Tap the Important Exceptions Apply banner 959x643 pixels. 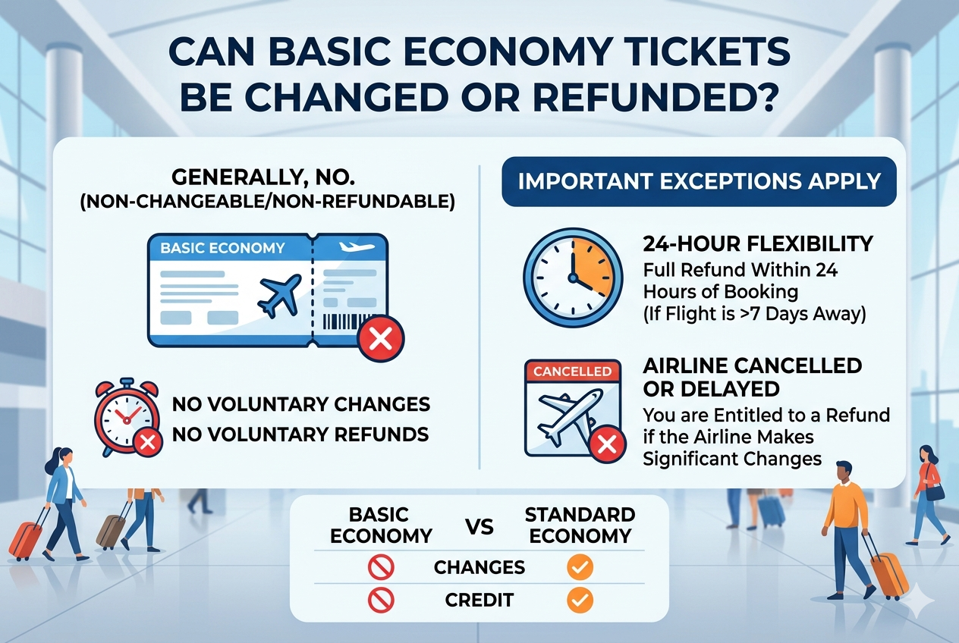click(700, 182)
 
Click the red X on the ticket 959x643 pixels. click(381, 338)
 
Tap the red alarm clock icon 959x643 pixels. click(125, 416)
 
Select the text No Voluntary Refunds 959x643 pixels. click(300, 434)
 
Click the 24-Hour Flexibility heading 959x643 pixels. click(758, 244)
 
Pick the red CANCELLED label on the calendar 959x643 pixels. click(573, 372)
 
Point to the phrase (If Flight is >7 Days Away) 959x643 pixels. click(754, 312)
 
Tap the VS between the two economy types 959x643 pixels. click(478, 525)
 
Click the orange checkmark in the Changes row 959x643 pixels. click(580, 567)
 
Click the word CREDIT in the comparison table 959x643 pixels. click(479, 601)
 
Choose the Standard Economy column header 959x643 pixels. click(580, 525)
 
